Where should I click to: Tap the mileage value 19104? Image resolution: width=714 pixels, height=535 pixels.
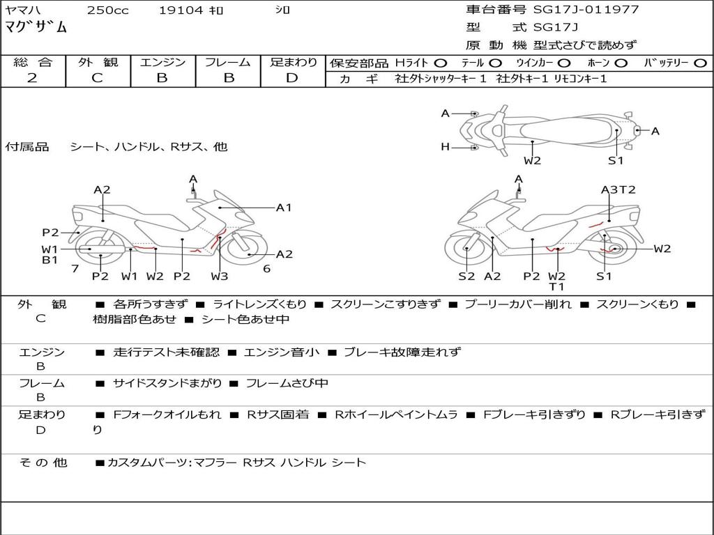(181, 10)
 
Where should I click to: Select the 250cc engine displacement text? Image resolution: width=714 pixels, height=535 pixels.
(107, 10)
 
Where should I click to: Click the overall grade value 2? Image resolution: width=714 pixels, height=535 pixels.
(32, 78)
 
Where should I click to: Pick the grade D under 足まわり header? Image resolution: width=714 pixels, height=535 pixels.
(291, 78)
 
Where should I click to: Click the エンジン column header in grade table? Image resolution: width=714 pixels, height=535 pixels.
(162, 63)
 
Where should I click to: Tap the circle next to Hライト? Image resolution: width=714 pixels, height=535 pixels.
(441, 63)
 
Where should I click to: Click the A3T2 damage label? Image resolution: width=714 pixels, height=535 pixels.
(618, 189)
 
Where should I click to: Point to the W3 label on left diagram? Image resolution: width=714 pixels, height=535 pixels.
(220, 276)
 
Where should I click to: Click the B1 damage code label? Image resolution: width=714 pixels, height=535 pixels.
(49, 260)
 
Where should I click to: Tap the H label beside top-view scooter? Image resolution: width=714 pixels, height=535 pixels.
(445, 146)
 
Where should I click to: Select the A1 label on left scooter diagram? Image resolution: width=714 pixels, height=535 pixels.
(284, 207)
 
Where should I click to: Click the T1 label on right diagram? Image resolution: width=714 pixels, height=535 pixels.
(556, 286)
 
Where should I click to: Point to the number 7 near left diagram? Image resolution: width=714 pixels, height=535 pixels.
(75, 268)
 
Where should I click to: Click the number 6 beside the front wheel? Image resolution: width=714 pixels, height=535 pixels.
(266, 268)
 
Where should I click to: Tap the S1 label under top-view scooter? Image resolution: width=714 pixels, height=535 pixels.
(616, 161)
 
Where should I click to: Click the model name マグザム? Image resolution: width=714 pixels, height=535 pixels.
(36, 28)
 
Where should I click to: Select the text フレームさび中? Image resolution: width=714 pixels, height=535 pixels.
(287, 383)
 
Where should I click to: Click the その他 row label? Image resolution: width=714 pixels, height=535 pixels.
(43, 462)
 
